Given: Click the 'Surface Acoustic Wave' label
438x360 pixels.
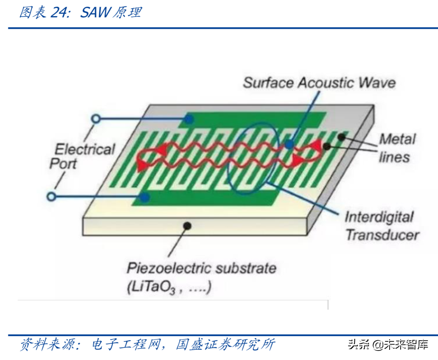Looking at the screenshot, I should (x=319, y=83).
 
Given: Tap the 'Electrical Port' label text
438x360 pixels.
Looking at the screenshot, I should (x=84, y=156).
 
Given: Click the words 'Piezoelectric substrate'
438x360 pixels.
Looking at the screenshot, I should (x=201, y=268).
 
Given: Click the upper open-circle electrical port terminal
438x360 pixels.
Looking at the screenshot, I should (x=96, y=119).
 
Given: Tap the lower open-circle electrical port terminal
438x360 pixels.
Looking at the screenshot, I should (x=51, y=196).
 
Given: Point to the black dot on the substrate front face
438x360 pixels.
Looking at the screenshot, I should (x=187, y=226).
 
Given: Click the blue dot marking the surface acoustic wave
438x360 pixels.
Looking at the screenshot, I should (x=289, y=144).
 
